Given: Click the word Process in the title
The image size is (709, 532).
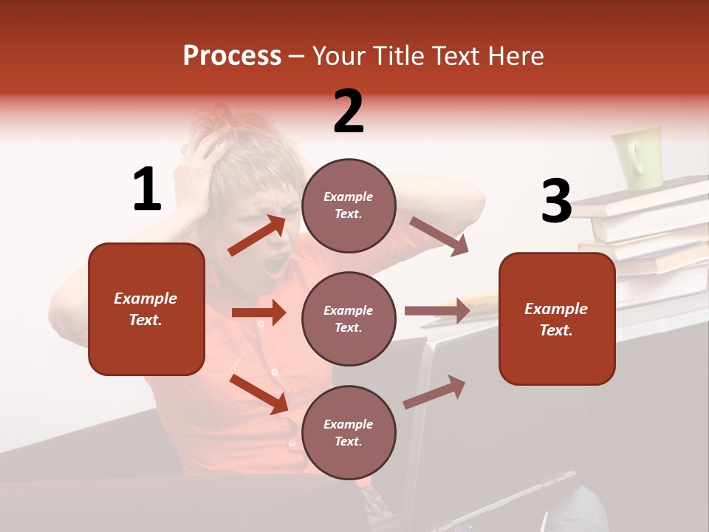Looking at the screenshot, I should (x=232, y=56).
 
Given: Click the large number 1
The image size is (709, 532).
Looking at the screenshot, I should (x=147, y=190).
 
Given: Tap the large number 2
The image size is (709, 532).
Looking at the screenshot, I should (x=349, y=112).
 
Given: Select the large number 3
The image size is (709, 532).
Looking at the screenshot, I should (x=557, y=202).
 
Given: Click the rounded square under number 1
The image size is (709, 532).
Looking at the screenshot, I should (x=146, y=309).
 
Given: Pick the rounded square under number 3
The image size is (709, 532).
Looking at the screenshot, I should (x=557, y=318).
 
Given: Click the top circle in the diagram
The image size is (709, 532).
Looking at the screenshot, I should (x=349, y=205).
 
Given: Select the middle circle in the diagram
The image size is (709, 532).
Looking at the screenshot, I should (x=349, y=318).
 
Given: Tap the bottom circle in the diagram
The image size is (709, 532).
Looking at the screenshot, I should (x=349, y=432).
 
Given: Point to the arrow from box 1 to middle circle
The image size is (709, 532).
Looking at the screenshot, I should (x=258, y=313).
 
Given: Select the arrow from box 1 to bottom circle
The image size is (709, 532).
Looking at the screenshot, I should (x=259, y=394).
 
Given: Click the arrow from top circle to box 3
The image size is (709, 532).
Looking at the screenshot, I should (x=439, y=236).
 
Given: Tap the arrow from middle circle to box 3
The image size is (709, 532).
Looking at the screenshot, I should (x=437, y=310).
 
